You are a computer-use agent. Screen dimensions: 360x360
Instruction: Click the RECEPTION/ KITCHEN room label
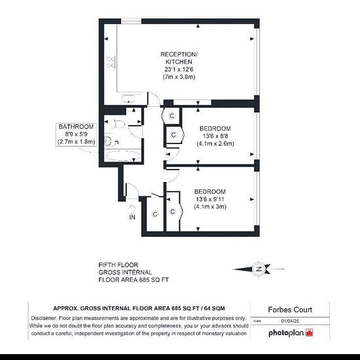[x=179, y=58]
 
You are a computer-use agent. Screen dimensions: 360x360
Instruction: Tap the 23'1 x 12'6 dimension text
[x=179, y=69]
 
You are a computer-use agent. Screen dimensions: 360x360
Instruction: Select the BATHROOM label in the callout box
[x=76, y=127]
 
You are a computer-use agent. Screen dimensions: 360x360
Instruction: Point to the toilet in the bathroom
[x=118, y=124]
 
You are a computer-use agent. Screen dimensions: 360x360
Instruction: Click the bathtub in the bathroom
[x=122, y=156]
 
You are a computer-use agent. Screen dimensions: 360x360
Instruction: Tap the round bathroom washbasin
[x=108, y=141]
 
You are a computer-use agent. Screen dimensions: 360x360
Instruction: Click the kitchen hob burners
[x=110, y=62]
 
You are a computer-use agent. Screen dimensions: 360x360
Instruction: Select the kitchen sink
[x=129, y=99]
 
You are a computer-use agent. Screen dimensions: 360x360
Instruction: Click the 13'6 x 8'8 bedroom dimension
[x=215, y=136]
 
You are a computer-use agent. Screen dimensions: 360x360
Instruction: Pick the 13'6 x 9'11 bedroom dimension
[x=210, y=199]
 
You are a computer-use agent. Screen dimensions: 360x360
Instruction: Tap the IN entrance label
[x=132, y=217]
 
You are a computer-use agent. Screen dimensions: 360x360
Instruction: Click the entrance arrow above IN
[x=132, y=209]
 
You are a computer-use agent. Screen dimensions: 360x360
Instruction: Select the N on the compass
[x=259, y=269]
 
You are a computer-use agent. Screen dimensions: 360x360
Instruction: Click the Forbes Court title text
[x=290, y=310]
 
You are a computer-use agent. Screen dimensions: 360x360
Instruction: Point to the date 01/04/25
[x=290, y=321]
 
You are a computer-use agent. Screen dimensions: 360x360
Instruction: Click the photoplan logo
[x=291, y=333]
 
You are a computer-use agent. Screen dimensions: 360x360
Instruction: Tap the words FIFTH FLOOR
[x=118, y=265]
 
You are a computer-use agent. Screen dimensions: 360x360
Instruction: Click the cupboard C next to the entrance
[x=155, y=214]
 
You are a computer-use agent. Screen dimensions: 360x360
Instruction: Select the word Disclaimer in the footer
[x=44, y=318]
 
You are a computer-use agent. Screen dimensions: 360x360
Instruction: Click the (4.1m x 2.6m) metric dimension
[x=215, y=143]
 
